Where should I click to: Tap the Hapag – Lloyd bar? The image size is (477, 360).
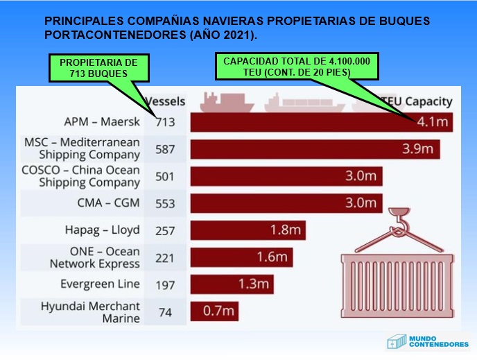pyautogui.click(x=248, y=230)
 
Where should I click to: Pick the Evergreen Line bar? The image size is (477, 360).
pyautogui.click(x=232, y=284)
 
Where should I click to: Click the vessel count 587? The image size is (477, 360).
pyautogui.click(x=165, y=148)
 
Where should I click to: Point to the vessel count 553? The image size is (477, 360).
pyautogui.click(x=165, y=203)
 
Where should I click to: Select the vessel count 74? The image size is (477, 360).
pyautogui.click(x=165, y=312)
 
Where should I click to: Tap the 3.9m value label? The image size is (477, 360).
pyautogui.click(x=417, y=148)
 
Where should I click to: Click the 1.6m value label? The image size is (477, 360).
pyautogui.click(x=272, y=257)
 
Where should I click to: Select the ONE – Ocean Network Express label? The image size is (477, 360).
pyautogui.click(x=94, y=257)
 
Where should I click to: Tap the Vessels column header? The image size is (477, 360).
pyautogui.click(x=165, y=101)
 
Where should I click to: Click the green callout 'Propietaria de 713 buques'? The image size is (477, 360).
pyautogui.click(x=98, y=67)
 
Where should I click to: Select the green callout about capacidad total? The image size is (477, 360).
pyautogui.click(x=296, y=66)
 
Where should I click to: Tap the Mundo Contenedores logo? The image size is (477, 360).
pyautogui.click(x=427, y=341)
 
